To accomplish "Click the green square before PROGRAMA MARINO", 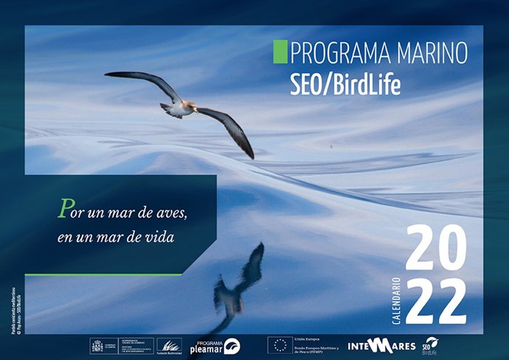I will pos(280,52).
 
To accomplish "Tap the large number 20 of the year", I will pos(436,250).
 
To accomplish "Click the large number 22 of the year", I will pos(436,300).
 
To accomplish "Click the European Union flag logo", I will pos(279,345).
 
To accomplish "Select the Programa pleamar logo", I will pos(215,345).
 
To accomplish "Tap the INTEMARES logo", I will pos(381,345).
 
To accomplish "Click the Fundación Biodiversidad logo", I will pos(170,345).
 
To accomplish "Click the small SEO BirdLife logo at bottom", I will pos(429,345).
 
